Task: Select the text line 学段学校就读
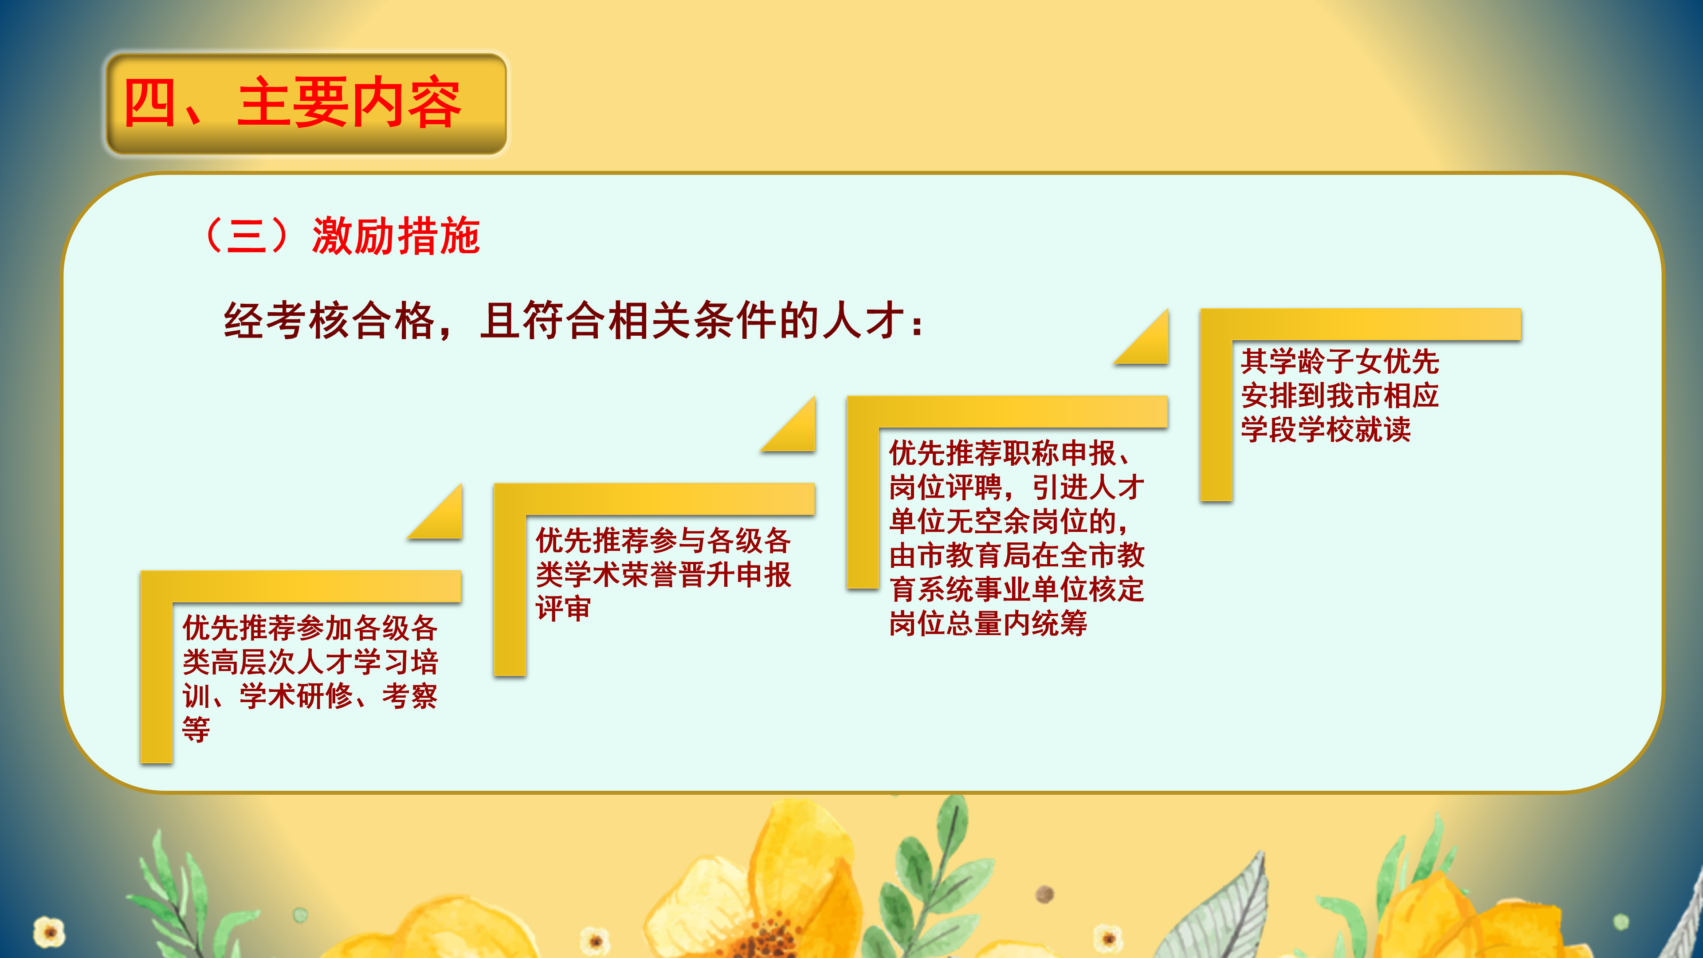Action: (1326, 430)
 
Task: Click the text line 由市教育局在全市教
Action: (1016, 555)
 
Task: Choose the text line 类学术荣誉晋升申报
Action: (663, 574)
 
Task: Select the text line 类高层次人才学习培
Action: (310, 662)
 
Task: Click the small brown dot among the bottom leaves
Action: (1044, 895)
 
